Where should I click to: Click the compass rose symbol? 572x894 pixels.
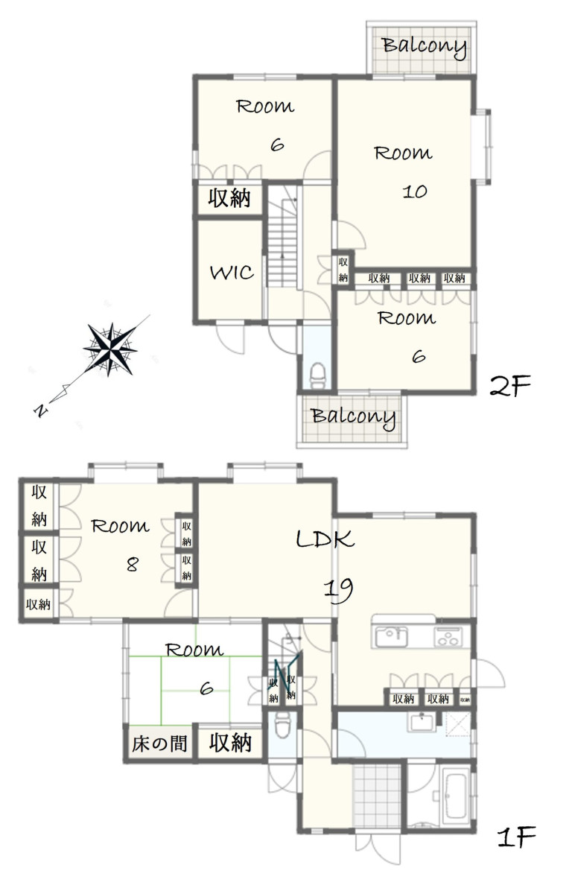coord(109,349)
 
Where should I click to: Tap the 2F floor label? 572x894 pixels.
coord(510,386)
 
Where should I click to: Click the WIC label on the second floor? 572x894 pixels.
coord(232,273)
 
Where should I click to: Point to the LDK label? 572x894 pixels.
coord(325,539)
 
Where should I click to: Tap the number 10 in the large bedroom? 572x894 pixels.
coord(415,191)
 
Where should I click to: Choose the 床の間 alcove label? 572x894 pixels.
coord(159,744)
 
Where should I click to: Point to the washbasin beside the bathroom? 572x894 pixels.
coord(422,722)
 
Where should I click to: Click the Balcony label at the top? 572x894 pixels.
coord(425,47)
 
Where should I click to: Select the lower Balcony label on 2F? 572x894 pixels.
coord(354,417)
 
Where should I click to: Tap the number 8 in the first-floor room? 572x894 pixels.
coord(133,565)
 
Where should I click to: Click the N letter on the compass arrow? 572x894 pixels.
coord(41,410)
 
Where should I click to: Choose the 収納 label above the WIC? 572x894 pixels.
coord(229,198)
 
